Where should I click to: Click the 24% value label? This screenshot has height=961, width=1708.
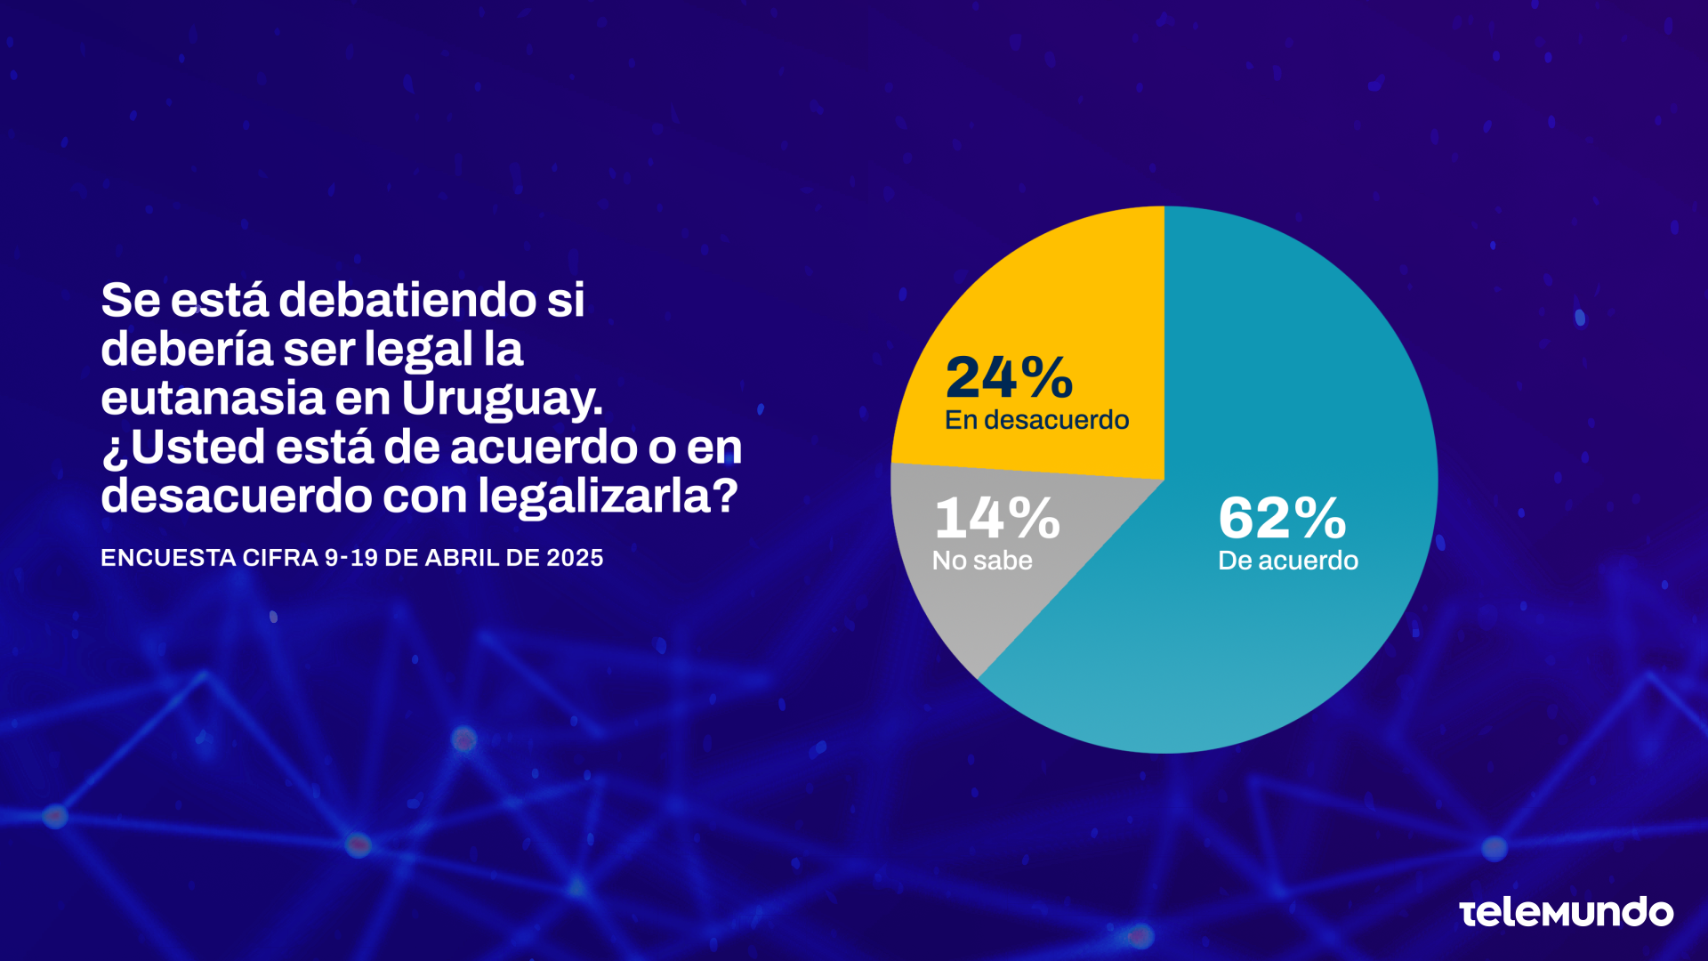[1009, 377]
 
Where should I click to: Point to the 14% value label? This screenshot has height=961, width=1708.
[996, 518]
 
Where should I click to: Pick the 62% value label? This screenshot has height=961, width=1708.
[1282, 518]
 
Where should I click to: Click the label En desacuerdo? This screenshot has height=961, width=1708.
[1036, 420]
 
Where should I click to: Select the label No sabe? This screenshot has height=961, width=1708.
[982, 561]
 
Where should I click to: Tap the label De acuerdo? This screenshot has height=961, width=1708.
[1287, 561]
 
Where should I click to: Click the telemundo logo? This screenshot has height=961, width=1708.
[1566, 912]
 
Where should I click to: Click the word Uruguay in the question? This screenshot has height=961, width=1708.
[502, 399]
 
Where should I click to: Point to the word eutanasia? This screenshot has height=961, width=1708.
[213, 399]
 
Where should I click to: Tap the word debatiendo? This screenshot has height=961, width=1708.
[407, 300]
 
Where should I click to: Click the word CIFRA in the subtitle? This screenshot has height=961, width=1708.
[279, 558]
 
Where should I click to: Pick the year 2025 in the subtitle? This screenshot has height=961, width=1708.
[575, 558]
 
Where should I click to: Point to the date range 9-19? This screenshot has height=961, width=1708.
[350, 558]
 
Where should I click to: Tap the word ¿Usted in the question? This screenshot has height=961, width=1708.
[183, 448]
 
